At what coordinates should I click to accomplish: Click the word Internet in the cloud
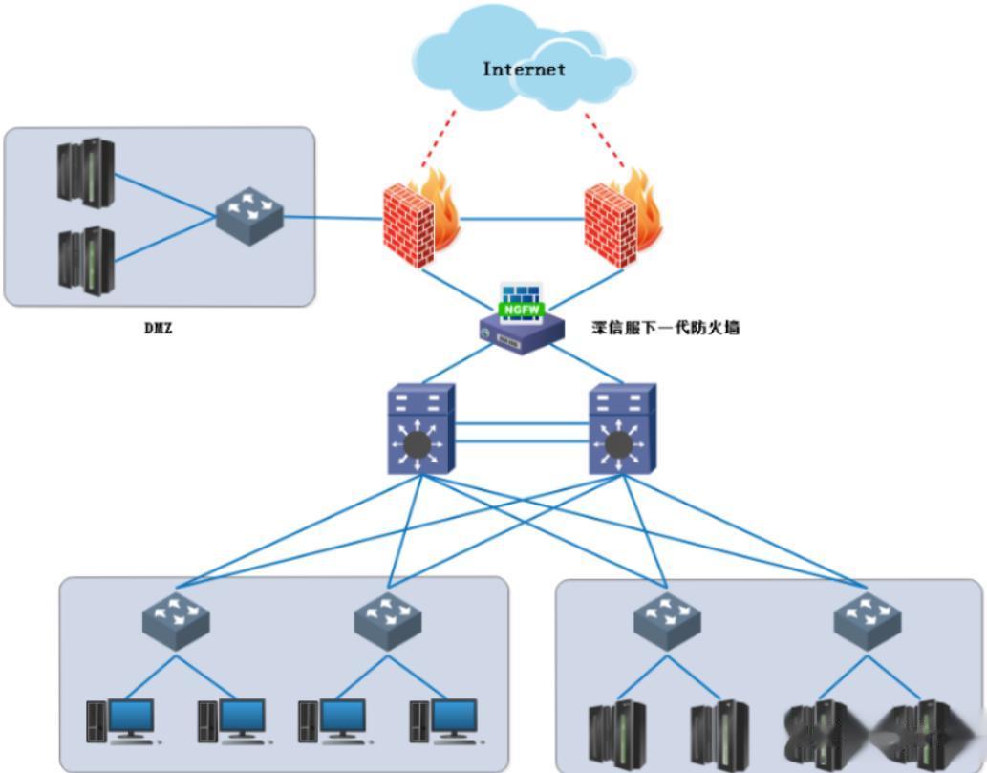pyautogui.click(x=524, y=69)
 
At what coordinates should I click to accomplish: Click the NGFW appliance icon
pyautogui.click(x=522, y=325)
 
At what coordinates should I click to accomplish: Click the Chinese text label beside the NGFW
pyautogui.click(x=666, y=328)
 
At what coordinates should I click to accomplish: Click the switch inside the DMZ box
pyautogui.click(x=249, y=216)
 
